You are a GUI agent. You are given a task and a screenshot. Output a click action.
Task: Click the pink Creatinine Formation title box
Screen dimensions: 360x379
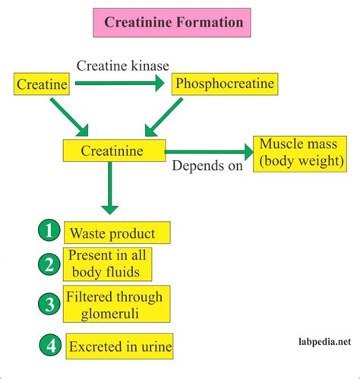(172, 23)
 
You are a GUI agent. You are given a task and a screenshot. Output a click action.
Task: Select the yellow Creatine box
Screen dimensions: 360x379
(42, 84)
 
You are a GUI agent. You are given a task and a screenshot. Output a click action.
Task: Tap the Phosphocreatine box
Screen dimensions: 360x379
(225, 84)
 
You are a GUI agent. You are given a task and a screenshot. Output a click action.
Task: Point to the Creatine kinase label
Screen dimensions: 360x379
(123, 65)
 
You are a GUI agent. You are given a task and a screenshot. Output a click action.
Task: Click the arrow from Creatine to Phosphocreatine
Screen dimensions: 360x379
(120, 83)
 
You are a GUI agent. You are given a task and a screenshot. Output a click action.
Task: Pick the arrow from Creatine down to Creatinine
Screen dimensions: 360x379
(69, 118)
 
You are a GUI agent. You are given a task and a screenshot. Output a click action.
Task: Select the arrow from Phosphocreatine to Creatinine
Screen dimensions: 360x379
(164, 117)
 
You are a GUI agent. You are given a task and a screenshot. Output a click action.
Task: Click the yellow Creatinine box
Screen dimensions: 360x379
(114, 150)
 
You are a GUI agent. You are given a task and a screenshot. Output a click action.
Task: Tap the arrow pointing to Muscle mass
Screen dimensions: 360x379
(209, 152)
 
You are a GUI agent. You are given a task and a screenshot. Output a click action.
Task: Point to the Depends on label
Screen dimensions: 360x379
(207, 166)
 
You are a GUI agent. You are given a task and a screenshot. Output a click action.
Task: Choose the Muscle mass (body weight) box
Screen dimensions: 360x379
(300, 154)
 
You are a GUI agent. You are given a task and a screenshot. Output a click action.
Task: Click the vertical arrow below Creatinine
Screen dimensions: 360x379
(109, 188)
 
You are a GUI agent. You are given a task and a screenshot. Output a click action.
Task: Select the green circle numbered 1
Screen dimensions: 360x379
(49, 230)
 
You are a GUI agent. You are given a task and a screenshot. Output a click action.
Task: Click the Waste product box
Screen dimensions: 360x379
(117, 232)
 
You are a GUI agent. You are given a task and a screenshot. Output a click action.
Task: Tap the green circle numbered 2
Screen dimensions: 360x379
(49, 264)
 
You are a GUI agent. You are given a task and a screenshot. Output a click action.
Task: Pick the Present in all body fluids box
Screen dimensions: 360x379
(108, 264)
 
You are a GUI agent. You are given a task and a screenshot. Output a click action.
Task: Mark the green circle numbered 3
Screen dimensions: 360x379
(49, 304)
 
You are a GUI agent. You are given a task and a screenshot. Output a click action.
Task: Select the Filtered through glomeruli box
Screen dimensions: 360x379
(117, 304)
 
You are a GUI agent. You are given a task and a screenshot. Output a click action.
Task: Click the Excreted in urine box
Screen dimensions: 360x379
(119, 346)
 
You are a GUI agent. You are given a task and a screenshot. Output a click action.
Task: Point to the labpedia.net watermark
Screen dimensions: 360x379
(325, 342)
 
